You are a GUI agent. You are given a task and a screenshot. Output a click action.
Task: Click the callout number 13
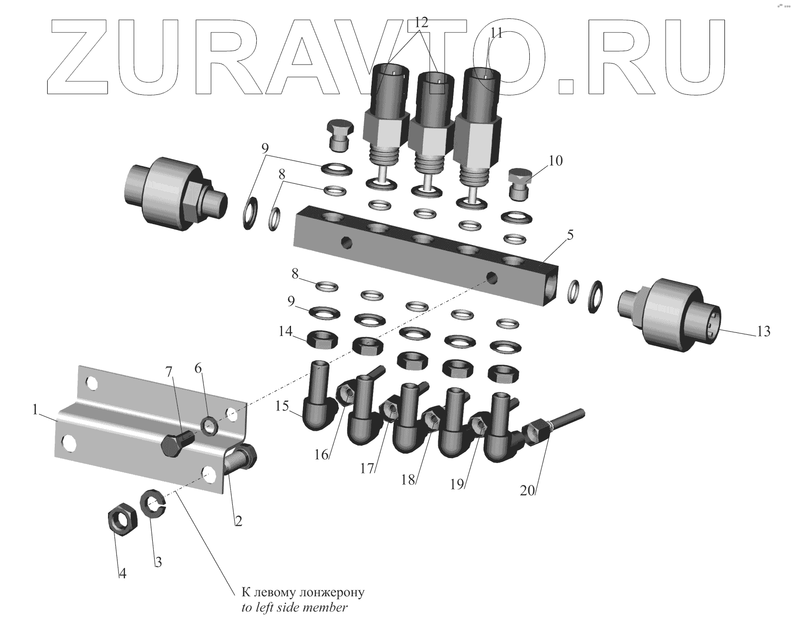763,331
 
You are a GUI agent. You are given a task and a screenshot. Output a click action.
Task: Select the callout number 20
527,490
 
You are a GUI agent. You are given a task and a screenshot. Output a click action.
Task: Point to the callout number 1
35,410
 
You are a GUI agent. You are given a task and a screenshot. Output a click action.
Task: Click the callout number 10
556,161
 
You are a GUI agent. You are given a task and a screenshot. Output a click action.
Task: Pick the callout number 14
286,331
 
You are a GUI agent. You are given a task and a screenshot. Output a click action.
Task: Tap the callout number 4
122,573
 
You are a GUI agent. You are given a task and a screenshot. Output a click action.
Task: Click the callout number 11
496,33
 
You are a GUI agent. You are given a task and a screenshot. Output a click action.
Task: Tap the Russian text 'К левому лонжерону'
303,593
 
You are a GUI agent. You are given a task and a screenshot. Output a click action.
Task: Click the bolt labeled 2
240,458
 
